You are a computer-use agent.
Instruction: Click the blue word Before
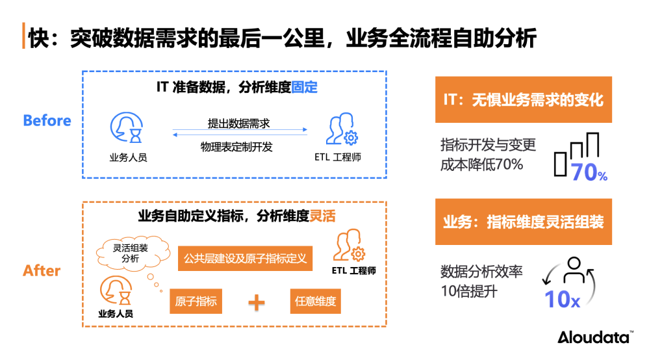tap(47, 121)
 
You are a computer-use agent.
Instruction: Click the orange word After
tap(42, 271)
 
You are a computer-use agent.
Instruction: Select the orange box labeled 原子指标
tap(196, 302)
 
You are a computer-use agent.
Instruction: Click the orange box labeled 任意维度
tap(314, 302)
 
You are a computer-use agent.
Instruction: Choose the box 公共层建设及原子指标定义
tap(244, 258)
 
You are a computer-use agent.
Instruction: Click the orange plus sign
tap(257, 302)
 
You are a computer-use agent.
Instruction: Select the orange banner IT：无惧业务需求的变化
tap(523, 100)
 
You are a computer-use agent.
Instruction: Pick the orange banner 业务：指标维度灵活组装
tap(523, 222)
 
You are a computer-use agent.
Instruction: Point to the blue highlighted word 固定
tap(304, 87)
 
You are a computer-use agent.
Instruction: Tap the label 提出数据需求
tap(238, 123)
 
